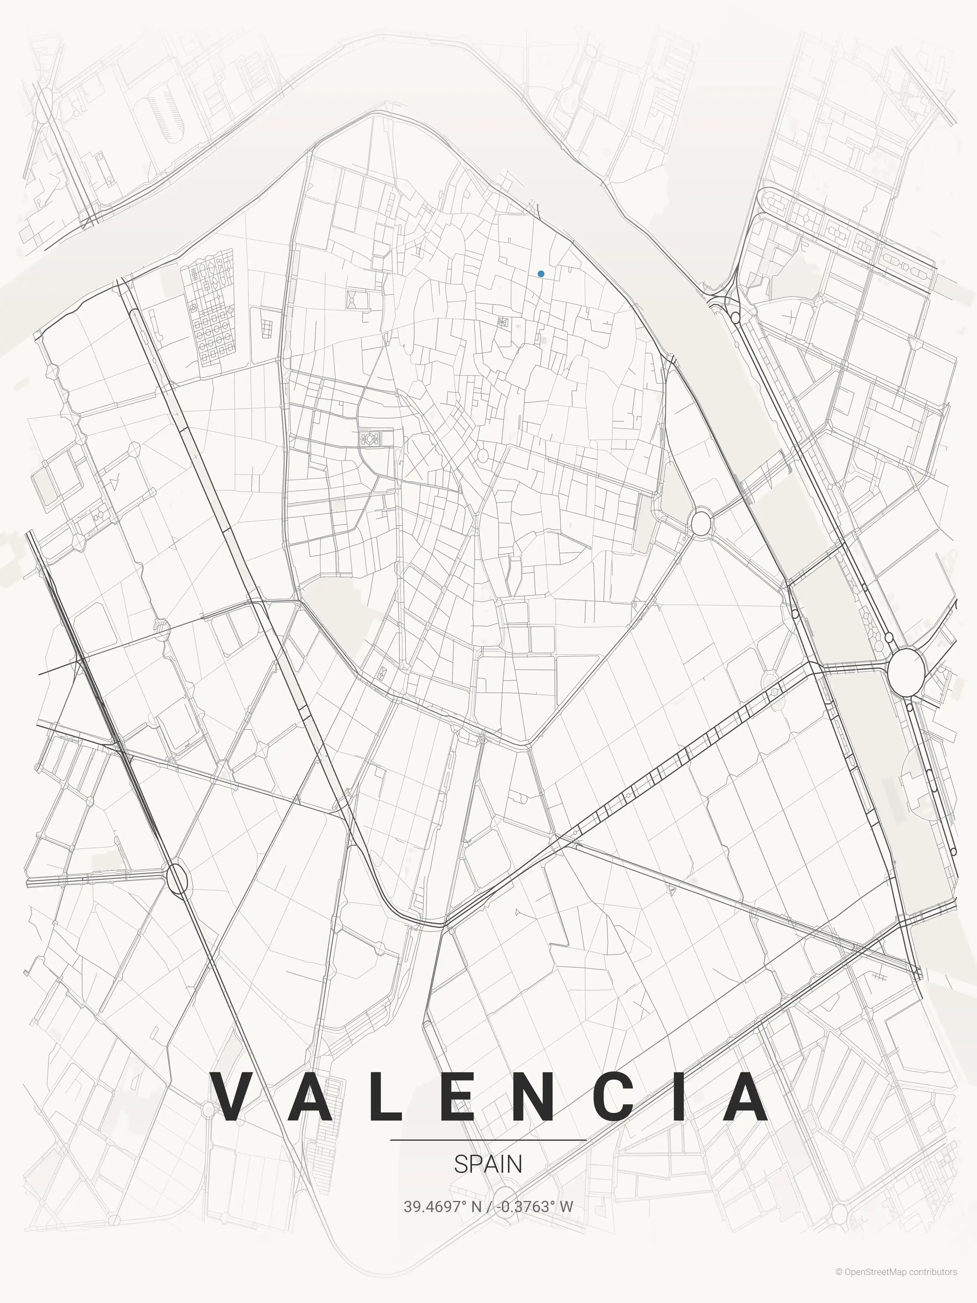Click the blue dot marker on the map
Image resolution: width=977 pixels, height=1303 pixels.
click(x=541, y=274)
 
